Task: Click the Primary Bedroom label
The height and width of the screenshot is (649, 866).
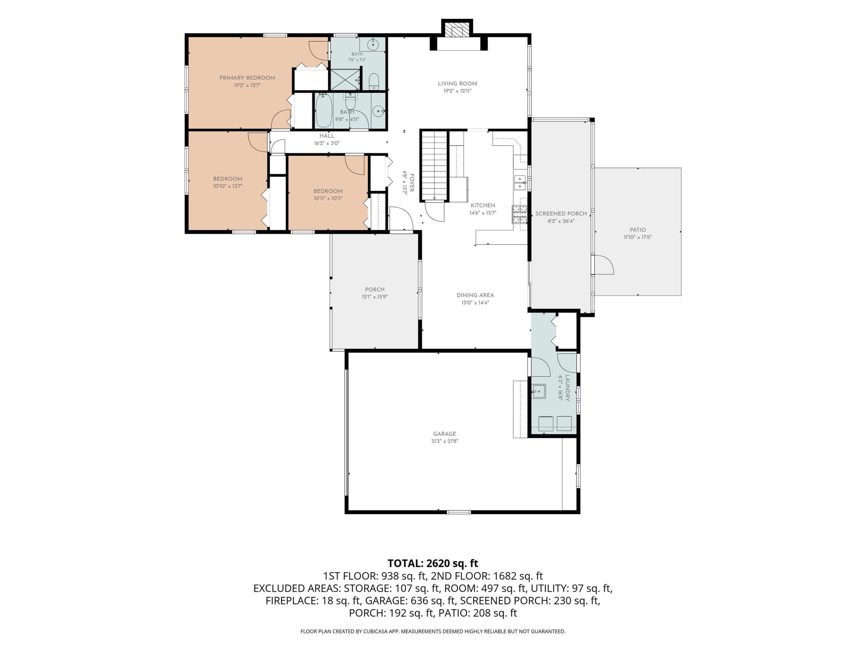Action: pyautogui.click(x=247, y=78)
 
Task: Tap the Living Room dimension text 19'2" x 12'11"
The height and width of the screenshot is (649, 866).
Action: pyautogui.click(x=457, y=91)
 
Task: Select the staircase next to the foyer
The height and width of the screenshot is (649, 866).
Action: pyautogui.click(x=434, y=166)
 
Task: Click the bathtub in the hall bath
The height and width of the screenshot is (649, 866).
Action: pyautogui.click(x=324, y=110)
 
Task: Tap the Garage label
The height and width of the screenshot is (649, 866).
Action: pyautogui.click(x=445, y=434)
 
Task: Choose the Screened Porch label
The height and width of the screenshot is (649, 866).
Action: pyautogui.click(x=561, y=214)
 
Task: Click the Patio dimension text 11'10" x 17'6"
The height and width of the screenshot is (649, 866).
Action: pyautogui.click(x=638, y=237)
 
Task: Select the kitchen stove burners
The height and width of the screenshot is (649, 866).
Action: pyautogui.click(x=520, y=214)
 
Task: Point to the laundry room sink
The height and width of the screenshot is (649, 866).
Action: pyautogui.click(x=539, y=391)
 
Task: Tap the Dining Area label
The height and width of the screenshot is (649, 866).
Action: pyautogui.click(x=475, y=295)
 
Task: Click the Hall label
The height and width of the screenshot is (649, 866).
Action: pyautogui.click(x=327, y=136)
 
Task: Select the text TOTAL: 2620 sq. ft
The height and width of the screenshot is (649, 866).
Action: pyautogui.click(x=433, y=563)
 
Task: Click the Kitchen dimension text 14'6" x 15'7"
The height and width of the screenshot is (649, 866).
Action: pyautogui.click(x=483, y=213)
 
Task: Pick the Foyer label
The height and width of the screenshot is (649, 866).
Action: pyautogui.click(x=412, y=183)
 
